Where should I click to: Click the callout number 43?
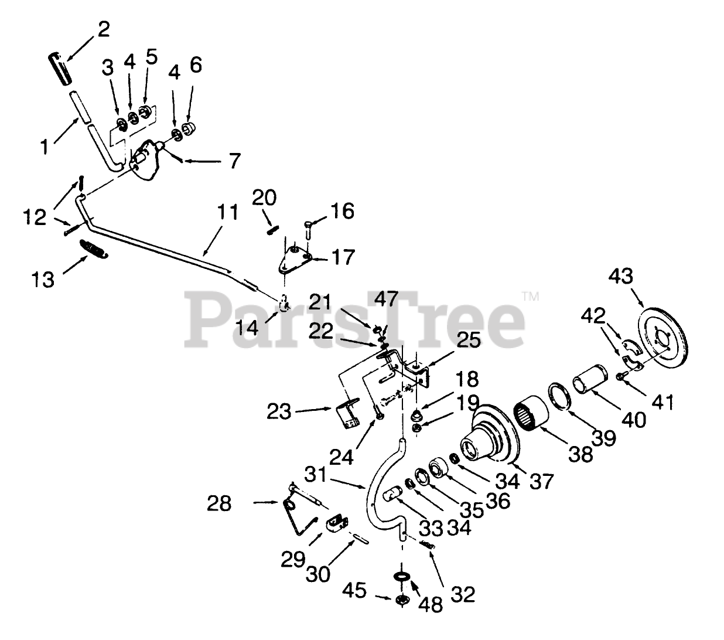pos(621,276)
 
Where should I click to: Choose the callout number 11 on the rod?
pos(229,213)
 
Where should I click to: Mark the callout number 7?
pos(234,161)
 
